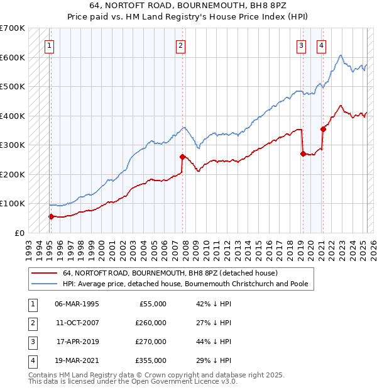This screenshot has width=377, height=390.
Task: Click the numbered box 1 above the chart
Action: coord(49,45)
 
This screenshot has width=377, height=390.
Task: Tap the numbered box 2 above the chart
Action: coord(180,45)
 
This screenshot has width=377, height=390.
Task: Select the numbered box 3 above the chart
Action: coord(302,45)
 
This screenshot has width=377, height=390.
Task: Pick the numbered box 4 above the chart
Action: coord(321,45)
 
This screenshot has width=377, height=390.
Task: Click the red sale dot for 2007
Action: coord(182,157)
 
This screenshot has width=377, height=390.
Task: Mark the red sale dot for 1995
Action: coord(51,216)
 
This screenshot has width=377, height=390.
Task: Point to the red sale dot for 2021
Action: coord(323,129)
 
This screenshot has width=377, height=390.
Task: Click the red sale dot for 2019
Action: coord(303,153)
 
